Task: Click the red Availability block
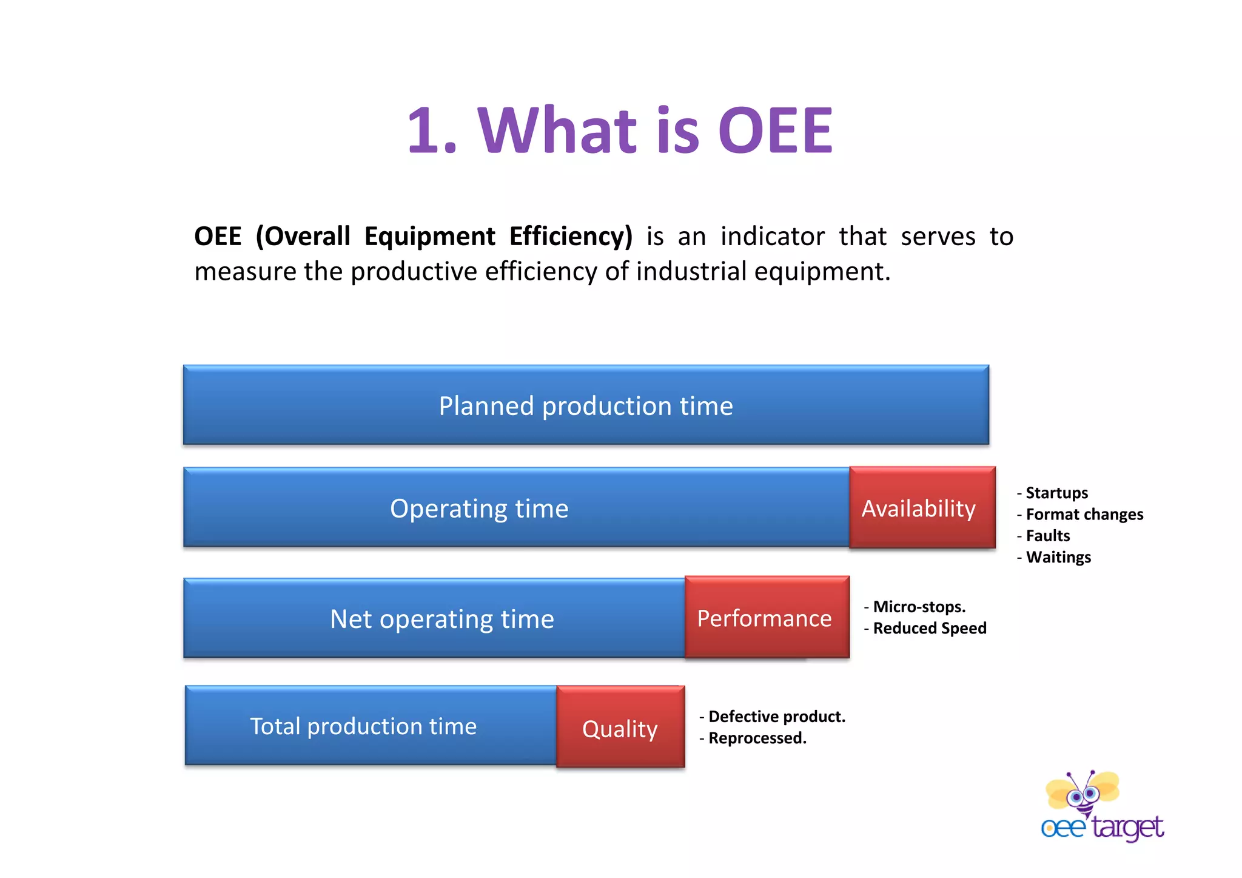[922, 508]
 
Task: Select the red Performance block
[767, 618]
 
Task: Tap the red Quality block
[620, 728]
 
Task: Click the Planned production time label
[586, 405]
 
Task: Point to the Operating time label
[479, 508]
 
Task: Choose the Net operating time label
[441, 619]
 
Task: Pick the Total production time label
[363, 726]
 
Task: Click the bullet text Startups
[1056, 493]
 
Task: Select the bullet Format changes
[1084, 515]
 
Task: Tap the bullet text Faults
[1047, 536]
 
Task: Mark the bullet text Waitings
[1058, 557]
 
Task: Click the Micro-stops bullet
[918, 607]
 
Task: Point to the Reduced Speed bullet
[929, 628]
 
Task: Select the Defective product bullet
[776, 717]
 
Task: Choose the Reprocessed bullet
[757, 738]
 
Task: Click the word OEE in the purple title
[776, 130]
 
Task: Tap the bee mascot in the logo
[1083, 792]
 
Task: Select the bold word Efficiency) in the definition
[570, 237]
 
